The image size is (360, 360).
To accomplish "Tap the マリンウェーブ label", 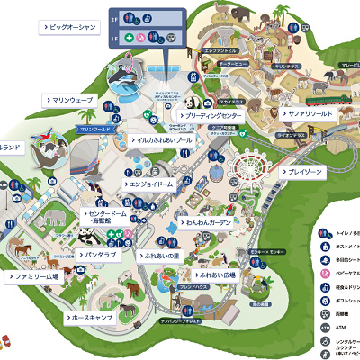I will (71, 100).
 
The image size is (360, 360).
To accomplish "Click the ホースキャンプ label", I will (95, 318).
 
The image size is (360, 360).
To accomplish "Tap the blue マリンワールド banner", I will (94, 130).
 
